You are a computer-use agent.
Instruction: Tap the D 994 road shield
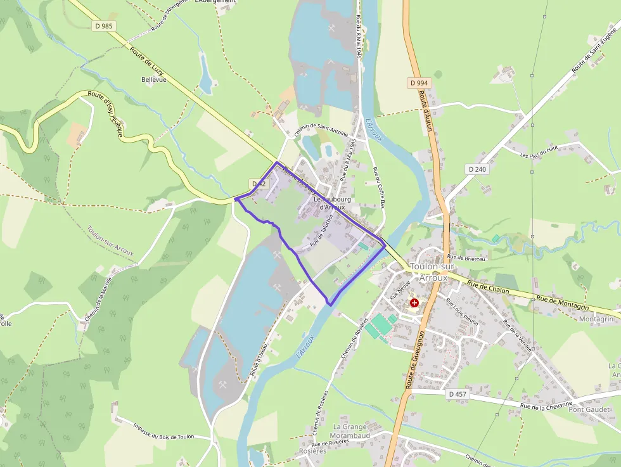pos(419,83)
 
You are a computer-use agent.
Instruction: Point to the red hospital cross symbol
pos(414,304)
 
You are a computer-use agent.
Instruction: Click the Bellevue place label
pos(153,80)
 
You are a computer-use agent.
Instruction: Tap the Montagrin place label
pos(596,319)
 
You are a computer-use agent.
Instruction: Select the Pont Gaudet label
pos(589,409)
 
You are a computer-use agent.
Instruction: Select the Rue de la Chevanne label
pos(546,404)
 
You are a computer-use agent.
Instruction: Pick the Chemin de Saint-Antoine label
pos(321,129)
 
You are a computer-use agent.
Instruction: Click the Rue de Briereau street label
pos(466,257)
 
